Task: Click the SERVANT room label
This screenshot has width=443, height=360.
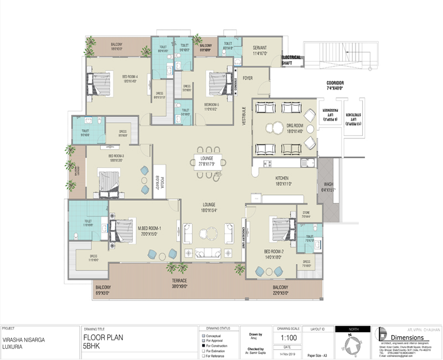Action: coord(260,48)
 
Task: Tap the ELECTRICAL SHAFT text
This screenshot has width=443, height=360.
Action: coord(291,60)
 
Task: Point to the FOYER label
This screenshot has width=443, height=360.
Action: coord(248,78)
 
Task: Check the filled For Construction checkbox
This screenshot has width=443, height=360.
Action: coord(204,346)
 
